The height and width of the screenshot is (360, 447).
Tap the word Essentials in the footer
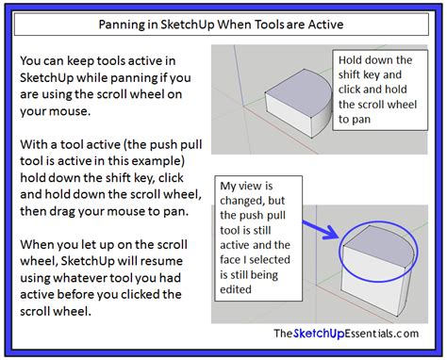(x=355, y=332)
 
